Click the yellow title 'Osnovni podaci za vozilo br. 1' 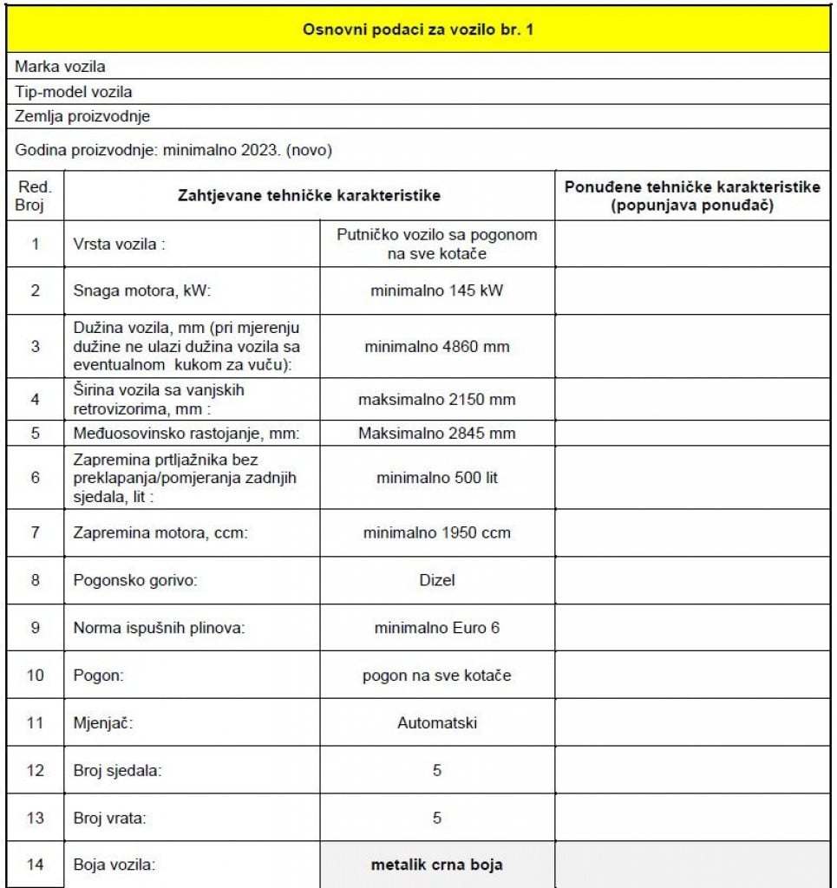[x=418, y=29]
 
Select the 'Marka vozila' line [x=61, y=67]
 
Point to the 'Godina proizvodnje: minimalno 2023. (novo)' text [x=173, y=150]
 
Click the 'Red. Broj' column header [x=35, y=196]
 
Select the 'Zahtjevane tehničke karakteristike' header [x=309, y=196]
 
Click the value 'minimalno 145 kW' [x=436, y=291]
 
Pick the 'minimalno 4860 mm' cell [x=436, y=347]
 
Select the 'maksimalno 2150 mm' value [x=436, y=400]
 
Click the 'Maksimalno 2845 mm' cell [x=436, y=433]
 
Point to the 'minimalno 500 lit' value [x=436, y=477]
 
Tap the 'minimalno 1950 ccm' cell [x=436, y=532]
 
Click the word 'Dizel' [x=436, y=580]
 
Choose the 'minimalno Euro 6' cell [x=436, y=628]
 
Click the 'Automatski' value [x=436, y=721]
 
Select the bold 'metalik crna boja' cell [x=436, y=865]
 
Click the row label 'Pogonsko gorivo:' [x=135, y=580]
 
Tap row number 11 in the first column [x=35, y=721]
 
